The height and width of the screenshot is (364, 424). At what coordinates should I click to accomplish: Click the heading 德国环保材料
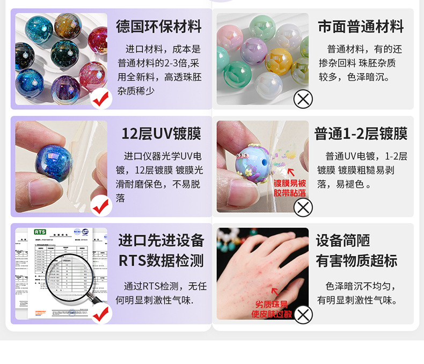(x=158, y=27)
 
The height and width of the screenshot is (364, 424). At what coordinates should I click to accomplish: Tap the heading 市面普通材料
(x=361, y=27)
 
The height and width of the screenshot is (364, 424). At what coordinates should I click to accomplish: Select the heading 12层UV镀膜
(x=161, y=133)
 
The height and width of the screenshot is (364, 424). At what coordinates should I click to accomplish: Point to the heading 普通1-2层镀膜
(x=361, y=133)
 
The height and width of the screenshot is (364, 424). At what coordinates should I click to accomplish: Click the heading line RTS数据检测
(x=161, y=261)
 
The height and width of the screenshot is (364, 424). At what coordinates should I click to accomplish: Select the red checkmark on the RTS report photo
(x=101, y=314)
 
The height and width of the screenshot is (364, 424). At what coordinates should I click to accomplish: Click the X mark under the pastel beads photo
(x=303, y=99)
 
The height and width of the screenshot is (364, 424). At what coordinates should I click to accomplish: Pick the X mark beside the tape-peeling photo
(x=303, y=206)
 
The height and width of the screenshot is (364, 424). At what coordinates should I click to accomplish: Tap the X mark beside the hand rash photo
(x=303, y=314)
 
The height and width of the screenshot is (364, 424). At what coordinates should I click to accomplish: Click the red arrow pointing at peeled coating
(x=291, y=172)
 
